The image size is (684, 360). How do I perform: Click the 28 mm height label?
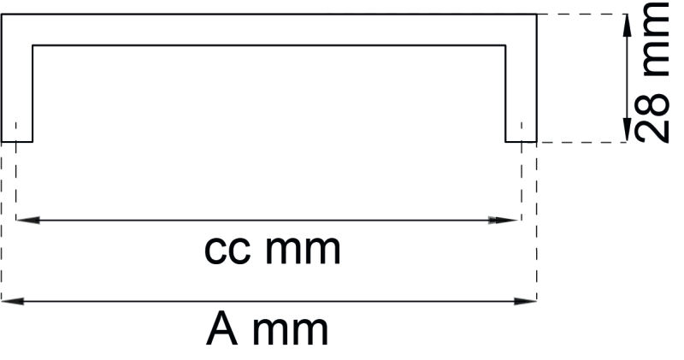pyautogui.click(x=654, y=73)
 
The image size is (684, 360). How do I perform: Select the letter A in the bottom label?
pyautogui.click(x=221, y=329)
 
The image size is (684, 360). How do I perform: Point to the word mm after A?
pyautogui.click(x=291, y=329)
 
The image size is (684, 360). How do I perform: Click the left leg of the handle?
pyautogui.click(x=16, y=86)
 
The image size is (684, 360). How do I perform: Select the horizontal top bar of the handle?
pyautogui.click(x=268, y=29)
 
